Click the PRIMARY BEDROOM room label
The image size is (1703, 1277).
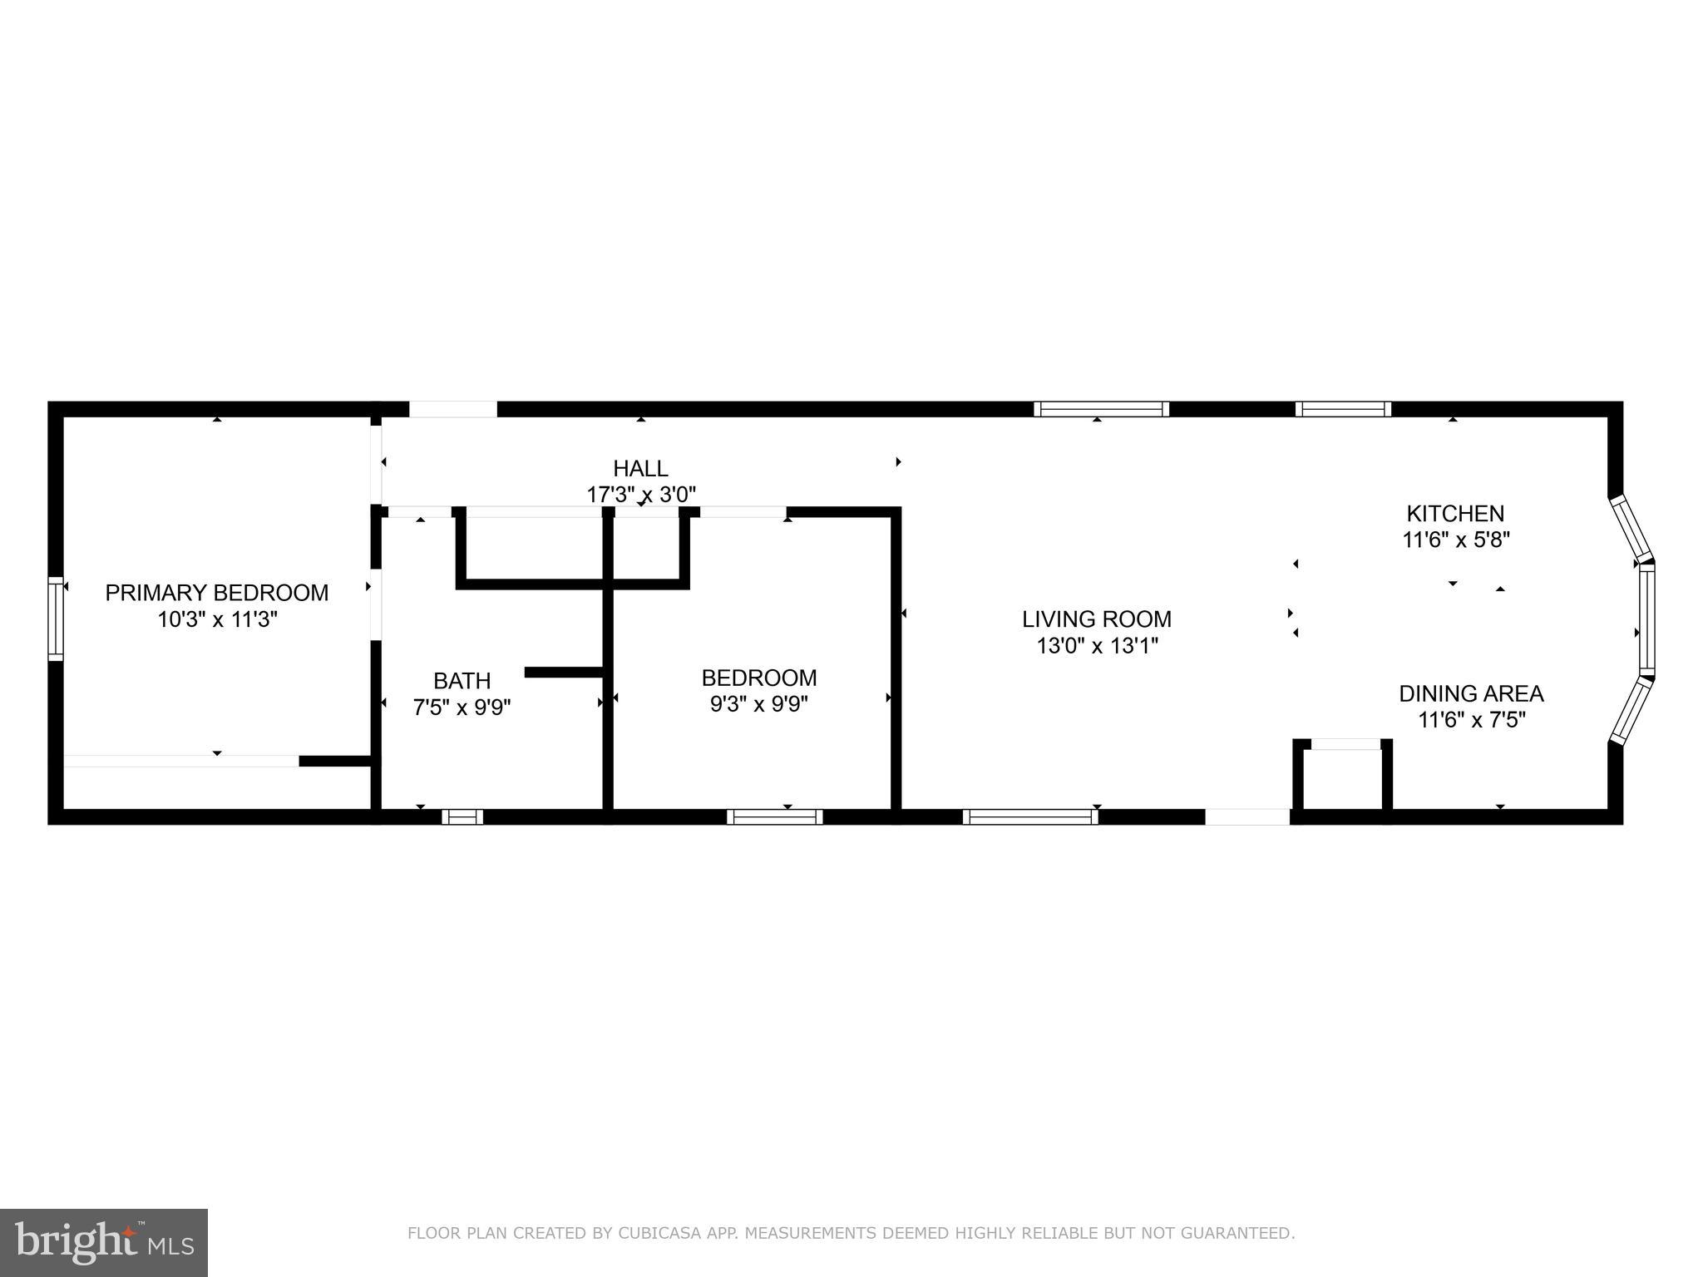coord(217,593)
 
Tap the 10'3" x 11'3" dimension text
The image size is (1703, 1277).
coord(217,619)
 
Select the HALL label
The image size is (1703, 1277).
coord(640,468)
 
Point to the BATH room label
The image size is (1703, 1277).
coord(462,681)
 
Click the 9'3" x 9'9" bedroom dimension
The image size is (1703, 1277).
coord(758,704)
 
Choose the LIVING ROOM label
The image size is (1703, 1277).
coord(1096,619)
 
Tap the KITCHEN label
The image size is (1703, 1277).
coord(1455,514)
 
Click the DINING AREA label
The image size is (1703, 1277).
coord(1471,693)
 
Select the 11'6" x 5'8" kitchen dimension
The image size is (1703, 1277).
coord(1455,540)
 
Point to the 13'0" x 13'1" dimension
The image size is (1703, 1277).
coord(1096,645)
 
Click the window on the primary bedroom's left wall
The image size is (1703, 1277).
coord(56,619)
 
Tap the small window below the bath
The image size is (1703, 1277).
coord(462,816)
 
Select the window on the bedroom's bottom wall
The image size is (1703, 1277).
coord(774,816)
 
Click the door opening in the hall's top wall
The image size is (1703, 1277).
coord(453,409)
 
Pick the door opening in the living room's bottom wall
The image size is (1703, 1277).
coord(1247,816)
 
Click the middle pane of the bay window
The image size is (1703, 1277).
coord(1646,619)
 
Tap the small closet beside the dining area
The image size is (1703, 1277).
coord(1342,777)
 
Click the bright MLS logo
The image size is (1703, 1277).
coord(104,1242)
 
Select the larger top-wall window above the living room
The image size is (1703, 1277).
coord(1101,409)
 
